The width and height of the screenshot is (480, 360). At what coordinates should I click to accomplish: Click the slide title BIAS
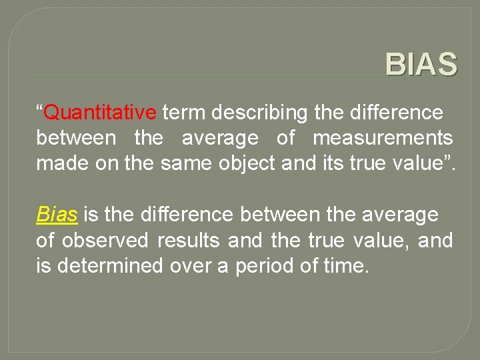(x=421, y=65)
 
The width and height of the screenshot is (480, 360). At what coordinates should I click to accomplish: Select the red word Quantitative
(x=100, y=113)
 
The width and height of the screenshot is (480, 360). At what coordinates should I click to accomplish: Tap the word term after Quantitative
(x=184, y=113)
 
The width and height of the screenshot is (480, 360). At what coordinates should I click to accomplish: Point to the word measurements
(x=383, y=138)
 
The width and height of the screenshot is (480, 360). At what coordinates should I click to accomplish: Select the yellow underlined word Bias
(x=57, y=215)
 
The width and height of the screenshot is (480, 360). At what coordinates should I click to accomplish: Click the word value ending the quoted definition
(x=419, y=163)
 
